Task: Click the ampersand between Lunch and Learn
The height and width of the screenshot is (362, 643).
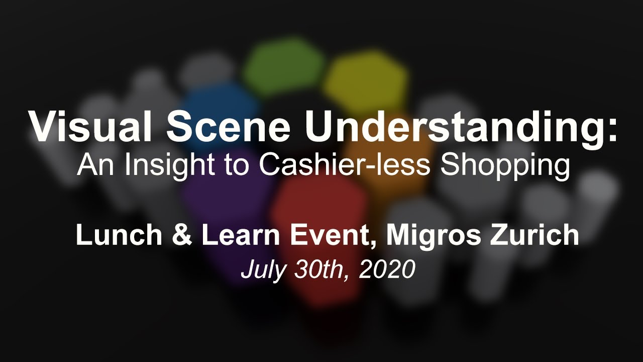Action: click(183, 235)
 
